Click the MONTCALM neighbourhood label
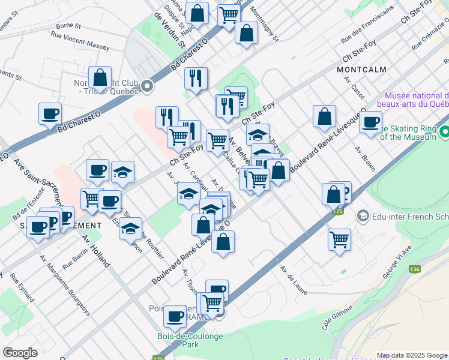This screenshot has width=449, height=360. [x=361, y=70]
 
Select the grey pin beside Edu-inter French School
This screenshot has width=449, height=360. [x=362, y=215]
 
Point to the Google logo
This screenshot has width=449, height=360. [x=20, y=353]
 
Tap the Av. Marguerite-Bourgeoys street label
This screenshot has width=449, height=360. [x=65, y=284]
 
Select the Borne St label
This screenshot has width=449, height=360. [x=68, y=26]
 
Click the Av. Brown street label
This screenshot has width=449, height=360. [x=364, y=158]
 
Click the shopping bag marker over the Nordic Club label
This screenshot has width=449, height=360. [x=100, y=78]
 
